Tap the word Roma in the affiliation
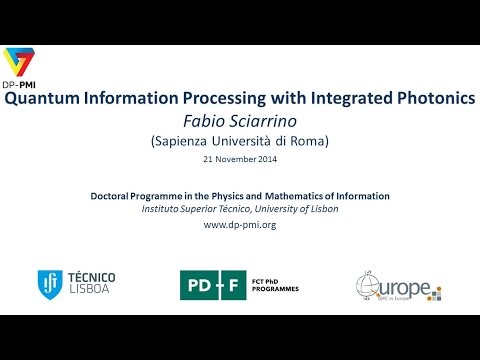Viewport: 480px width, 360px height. (x=307, y=141)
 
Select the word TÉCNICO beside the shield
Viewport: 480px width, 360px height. (x=91, y=277)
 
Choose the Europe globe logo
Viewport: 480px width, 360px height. (x=378, y=285)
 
